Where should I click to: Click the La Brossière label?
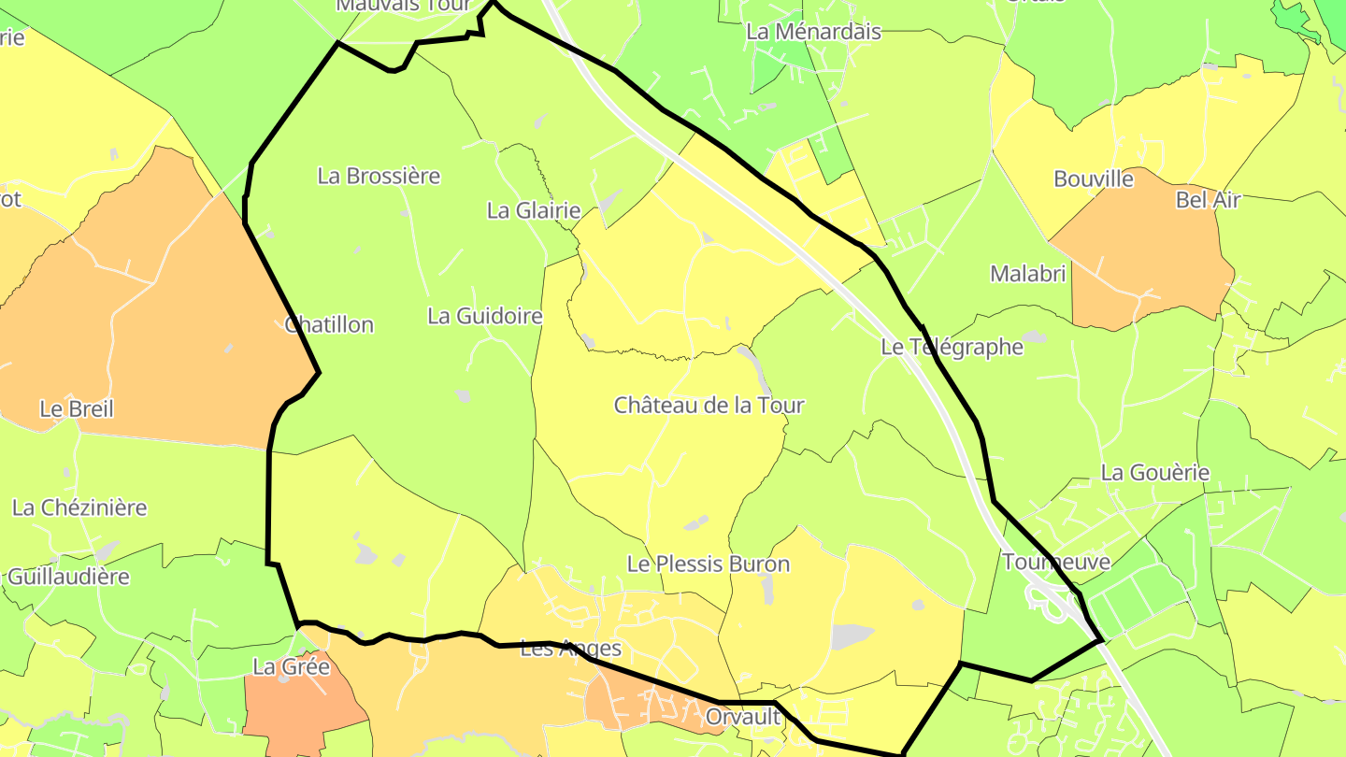point(379,176)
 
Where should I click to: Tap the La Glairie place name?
point(534,210)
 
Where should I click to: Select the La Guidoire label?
point(485,316)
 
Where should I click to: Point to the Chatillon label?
point(329,325)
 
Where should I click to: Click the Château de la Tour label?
point(709,406)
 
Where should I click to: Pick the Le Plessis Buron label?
point(708,564)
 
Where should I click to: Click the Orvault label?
point(743,717)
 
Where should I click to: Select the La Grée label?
point(292,667)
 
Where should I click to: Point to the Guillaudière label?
point(67,577)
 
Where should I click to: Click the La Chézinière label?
point(79,507)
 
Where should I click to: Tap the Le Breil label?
point(77,409)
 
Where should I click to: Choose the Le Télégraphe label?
point(952,348)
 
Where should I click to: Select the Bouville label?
point(1094,179)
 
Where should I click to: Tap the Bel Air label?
point(1208,199)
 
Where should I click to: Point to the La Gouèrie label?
point(1155,473)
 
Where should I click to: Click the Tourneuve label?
point(1043,562)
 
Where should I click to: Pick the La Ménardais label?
point(813,32)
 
